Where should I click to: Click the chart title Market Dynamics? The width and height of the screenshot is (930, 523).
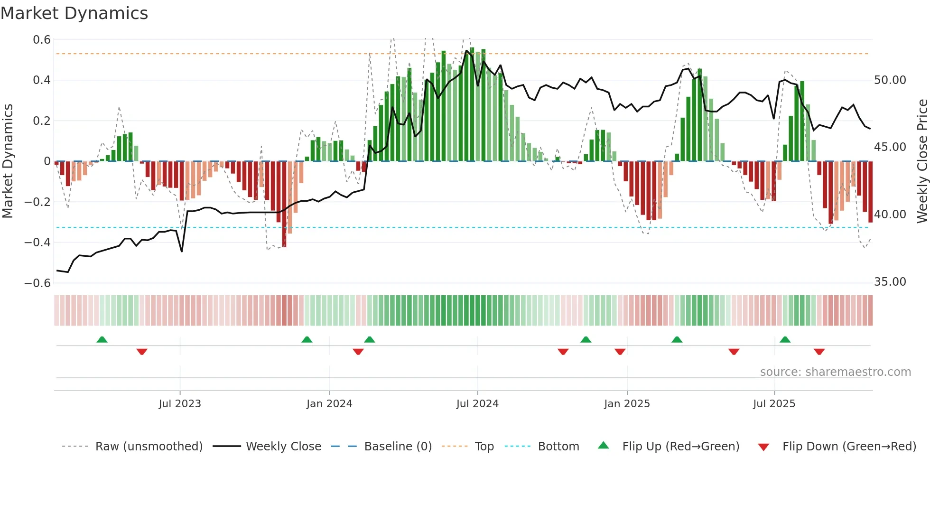coord(74,13)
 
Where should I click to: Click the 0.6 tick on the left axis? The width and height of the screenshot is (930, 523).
coord(42,40)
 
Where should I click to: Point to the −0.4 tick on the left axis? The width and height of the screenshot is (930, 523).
coord(37,243)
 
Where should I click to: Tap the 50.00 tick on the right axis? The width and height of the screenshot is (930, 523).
coord(890,80)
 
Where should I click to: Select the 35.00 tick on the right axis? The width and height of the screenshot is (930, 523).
coord(890,282)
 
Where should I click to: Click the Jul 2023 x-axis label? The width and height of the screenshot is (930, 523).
coord(180,404)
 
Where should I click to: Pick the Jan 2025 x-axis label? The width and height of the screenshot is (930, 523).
coord(627,404)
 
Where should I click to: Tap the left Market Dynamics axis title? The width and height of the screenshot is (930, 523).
coord(8,161)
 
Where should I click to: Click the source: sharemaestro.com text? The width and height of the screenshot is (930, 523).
coord(835,372)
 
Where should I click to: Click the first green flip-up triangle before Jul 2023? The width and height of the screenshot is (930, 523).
coord(102,339)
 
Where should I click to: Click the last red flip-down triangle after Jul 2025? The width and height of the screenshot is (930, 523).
coord(819,352)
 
